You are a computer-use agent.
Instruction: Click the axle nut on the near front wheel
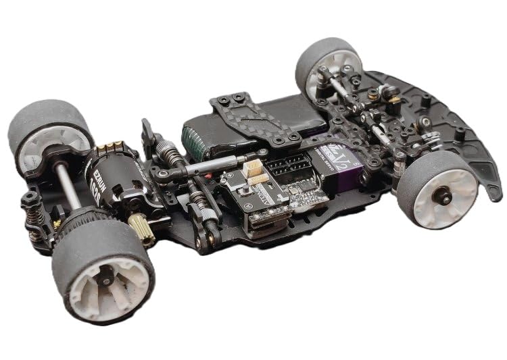(445, 197)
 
